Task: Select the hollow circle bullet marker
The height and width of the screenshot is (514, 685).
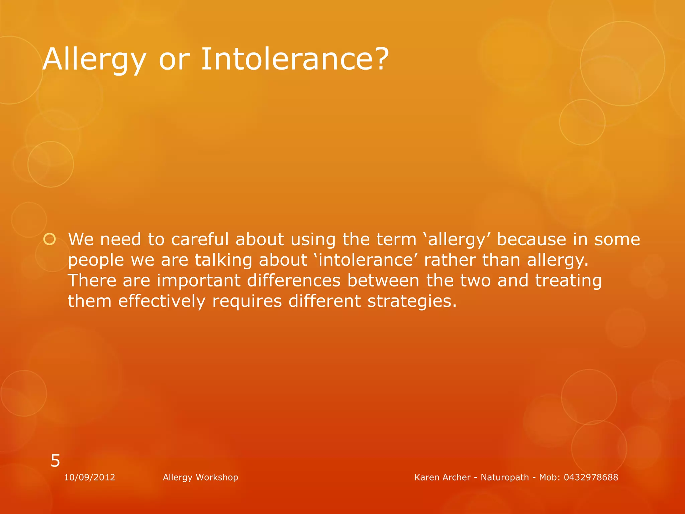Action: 50,240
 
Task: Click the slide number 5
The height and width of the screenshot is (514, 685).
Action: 55,461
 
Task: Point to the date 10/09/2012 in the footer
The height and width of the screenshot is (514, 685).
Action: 90,477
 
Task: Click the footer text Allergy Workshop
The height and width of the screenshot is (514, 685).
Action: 200,477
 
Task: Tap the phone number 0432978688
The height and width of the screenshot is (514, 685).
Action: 591,477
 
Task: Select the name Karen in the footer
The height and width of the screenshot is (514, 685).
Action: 425,477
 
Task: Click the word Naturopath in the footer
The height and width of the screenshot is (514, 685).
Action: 505,477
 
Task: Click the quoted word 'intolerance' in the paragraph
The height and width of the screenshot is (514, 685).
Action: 366,260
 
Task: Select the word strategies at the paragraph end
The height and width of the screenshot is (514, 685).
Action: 412,301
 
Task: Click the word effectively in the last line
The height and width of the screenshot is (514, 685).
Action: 162,301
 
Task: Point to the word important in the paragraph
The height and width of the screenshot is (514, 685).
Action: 199,280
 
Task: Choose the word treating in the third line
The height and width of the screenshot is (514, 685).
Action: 568,280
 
